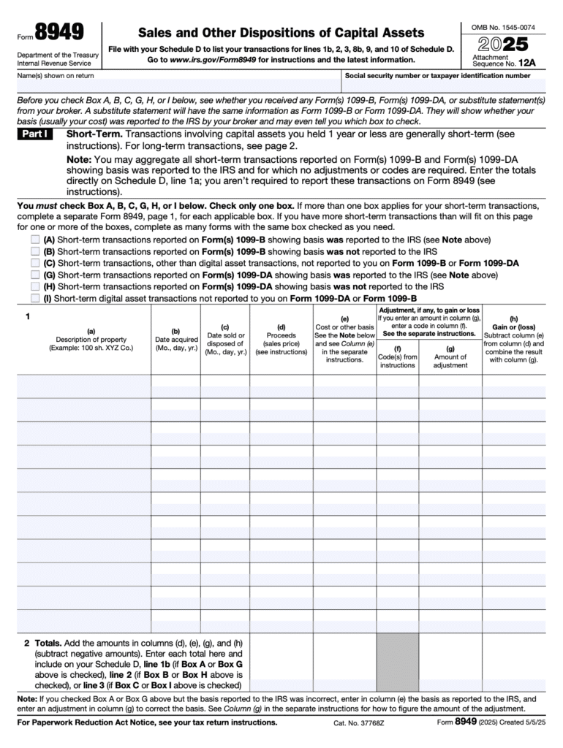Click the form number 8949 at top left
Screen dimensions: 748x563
tap(59, 33)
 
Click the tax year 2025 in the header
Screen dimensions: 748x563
tap(502, 44)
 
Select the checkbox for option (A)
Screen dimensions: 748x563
tap(35, 240)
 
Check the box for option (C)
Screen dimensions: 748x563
tap(35, 263)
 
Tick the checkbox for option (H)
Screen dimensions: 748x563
tap(35, 286)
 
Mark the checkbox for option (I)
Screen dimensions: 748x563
tap(35, 298)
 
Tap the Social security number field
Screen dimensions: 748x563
tap(449, 85)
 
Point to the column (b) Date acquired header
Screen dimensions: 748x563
tap(175, 340)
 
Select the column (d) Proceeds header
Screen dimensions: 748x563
tap(281, 340)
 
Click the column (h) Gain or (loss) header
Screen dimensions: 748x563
tap(513, 339)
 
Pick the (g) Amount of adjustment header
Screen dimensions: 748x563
tap(450, 356)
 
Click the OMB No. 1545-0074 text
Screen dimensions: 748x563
tap(503, 27)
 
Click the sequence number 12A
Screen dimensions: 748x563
tap(526, 64)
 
